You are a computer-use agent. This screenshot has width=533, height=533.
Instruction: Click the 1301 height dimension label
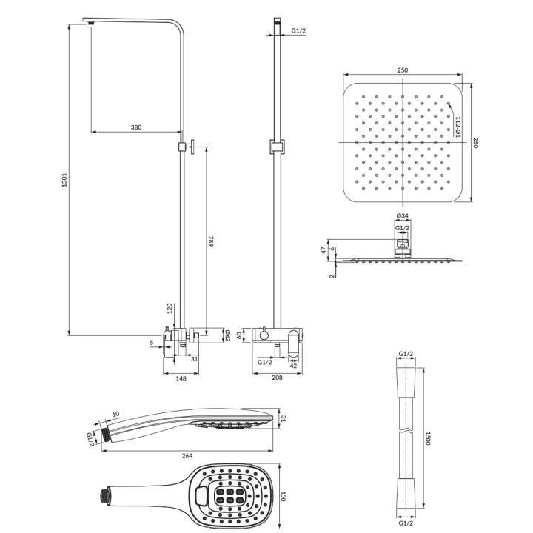pyautogui.click(x=64, y=179)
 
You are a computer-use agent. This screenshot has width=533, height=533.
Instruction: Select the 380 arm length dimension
pyautogui.click(x=136, y=127)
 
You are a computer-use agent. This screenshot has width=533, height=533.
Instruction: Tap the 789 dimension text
pyautogui.click(x=211, y=241)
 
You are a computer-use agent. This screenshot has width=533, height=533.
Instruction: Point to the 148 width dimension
pyautogui.click(x=181, y=378)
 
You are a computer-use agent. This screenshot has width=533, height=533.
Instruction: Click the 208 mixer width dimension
pyautogui.click(x=278, y=378)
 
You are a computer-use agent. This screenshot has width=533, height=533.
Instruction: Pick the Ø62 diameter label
pyautogui.click(x=228, y=335)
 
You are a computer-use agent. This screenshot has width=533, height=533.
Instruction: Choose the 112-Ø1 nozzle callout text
pyautogui.click(x=458, y=127)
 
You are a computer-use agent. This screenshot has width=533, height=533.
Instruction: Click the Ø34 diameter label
pyautogui.click(x=403, y=215)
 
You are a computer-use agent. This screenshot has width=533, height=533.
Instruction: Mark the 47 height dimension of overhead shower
pyautogui.click(x=324, y=250)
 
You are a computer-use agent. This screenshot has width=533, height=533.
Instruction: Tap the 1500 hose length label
pyautogui.click(x=428, y=438)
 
